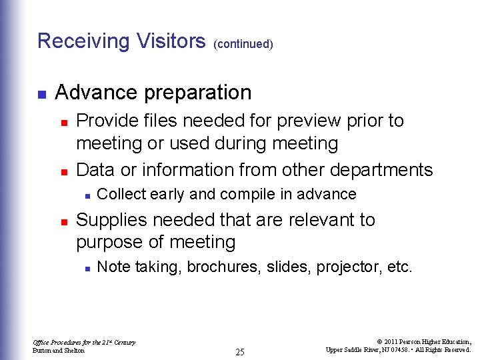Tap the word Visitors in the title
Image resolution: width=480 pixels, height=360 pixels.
point(171,41)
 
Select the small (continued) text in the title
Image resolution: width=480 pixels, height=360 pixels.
point(243,44)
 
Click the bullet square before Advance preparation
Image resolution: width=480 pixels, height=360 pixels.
point(41,94)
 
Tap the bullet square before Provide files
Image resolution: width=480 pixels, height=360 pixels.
point(63,123)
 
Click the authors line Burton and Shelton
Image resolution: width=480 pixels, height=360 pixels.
point(59,351)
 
